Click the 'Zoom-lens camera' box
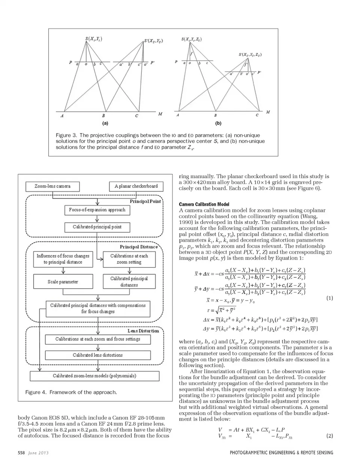(52, 186)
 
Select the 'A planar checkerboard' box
(136, 186)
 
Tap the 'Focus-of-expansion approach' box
(97, 210)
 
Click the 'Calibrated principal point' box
(97, 227)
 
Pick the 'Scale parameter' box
(63, 282)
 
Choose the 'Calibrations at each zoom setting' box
(129, 259)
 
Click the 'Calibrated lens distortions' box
(97, 355)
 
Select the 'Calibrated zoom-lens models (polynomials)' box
(94, 375)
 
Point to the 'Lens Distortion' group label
(143, 331)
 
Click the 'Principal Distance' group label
(139, 247)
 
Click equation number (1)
(329, 298)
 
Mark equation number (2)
(329, 436)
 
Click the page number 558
(21, 453)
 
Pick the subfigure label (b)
(218, 123)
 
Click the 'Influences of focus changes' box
(63, 259)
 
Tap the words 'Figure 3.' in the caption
(66, 135)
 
